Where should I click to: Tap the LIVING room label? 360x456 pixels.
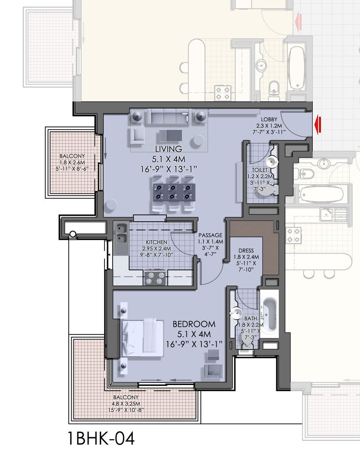(x=168, y=149)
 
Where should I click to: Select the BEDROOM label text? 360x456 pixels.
(x=194, y=324)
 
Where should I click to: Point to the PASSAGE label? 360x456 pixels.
(x=211, y=235)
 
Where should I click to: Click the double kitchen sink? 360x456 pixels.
(x=121, y=238)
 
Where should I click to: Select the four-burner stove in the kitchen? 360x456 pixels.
(x=154, y=277)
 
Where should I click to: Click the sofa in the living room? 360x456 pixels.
(x=166, y=118)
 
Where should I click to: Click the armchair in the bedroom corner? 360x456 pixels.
(x=212, y=371)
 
